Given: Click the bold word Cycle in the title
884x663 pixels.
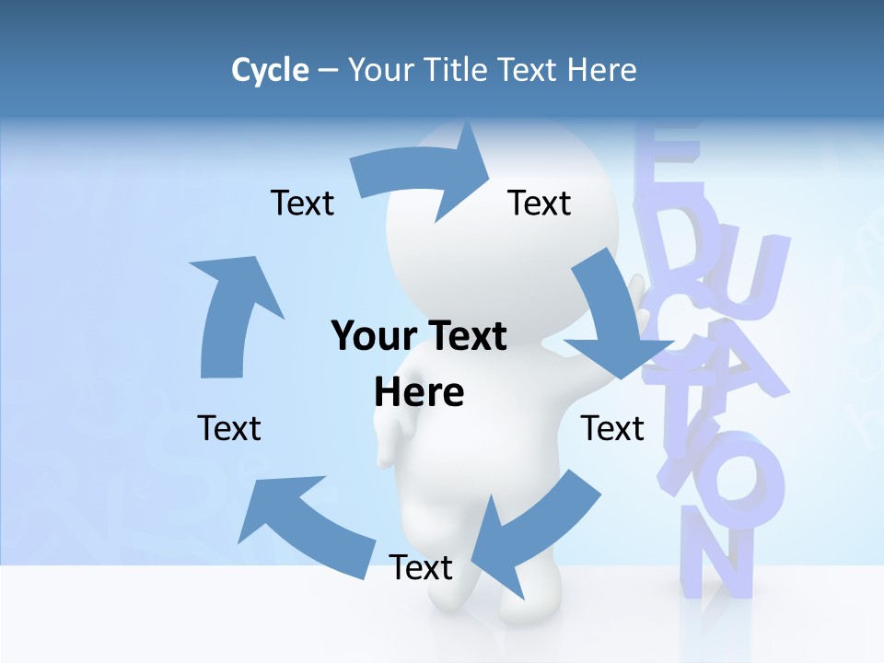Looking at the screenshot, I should point(270,70).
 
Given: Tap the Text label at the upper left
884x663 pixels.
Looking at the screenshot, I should point(302,203).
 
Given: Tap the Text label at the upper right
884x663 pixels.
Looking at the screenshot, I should point(540,203).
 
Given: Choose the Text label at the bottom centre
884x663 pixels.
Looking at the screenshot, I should point(421,567).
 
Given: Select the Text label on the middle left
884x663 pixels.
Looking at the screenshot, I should point(229,428).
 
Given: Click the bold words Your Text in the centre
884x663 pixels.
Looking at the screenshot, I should point(419,336).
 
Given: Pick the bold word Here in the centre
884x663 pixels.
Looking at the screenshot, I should point(419,392).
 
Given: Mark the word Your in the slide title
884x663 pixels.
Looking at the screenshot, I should point(378,70).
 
